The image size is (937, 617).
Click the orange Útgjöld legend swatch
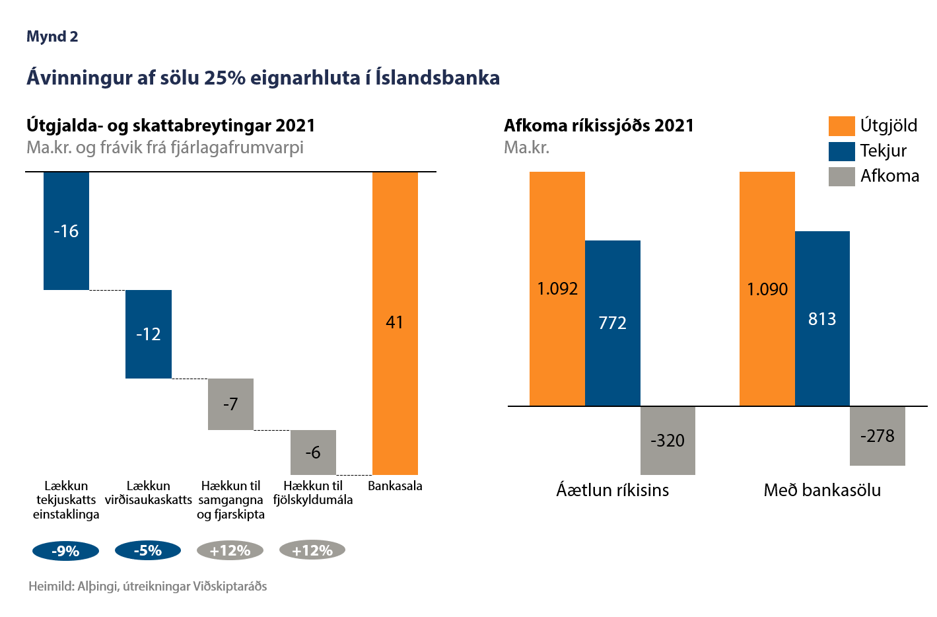(x=842, y=126)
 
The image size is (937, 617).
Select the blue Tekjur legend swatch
(x=842, y=151)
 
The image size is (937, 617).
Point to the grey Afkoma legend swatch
(x=842, y=176)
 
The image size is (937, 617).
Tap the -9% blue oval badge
(x=65, y=551)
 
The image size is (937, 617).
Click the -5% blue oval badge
(x=148, y=551)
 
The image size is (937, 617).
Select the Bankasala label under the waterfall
(x=395, y=486)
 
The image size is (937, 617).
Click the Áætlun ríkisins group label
(x=613, y=490)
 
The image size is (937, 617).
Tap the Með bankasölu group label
(x=822, y=490)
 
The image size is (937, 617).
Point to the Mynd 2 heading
(x=52, y=37)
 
